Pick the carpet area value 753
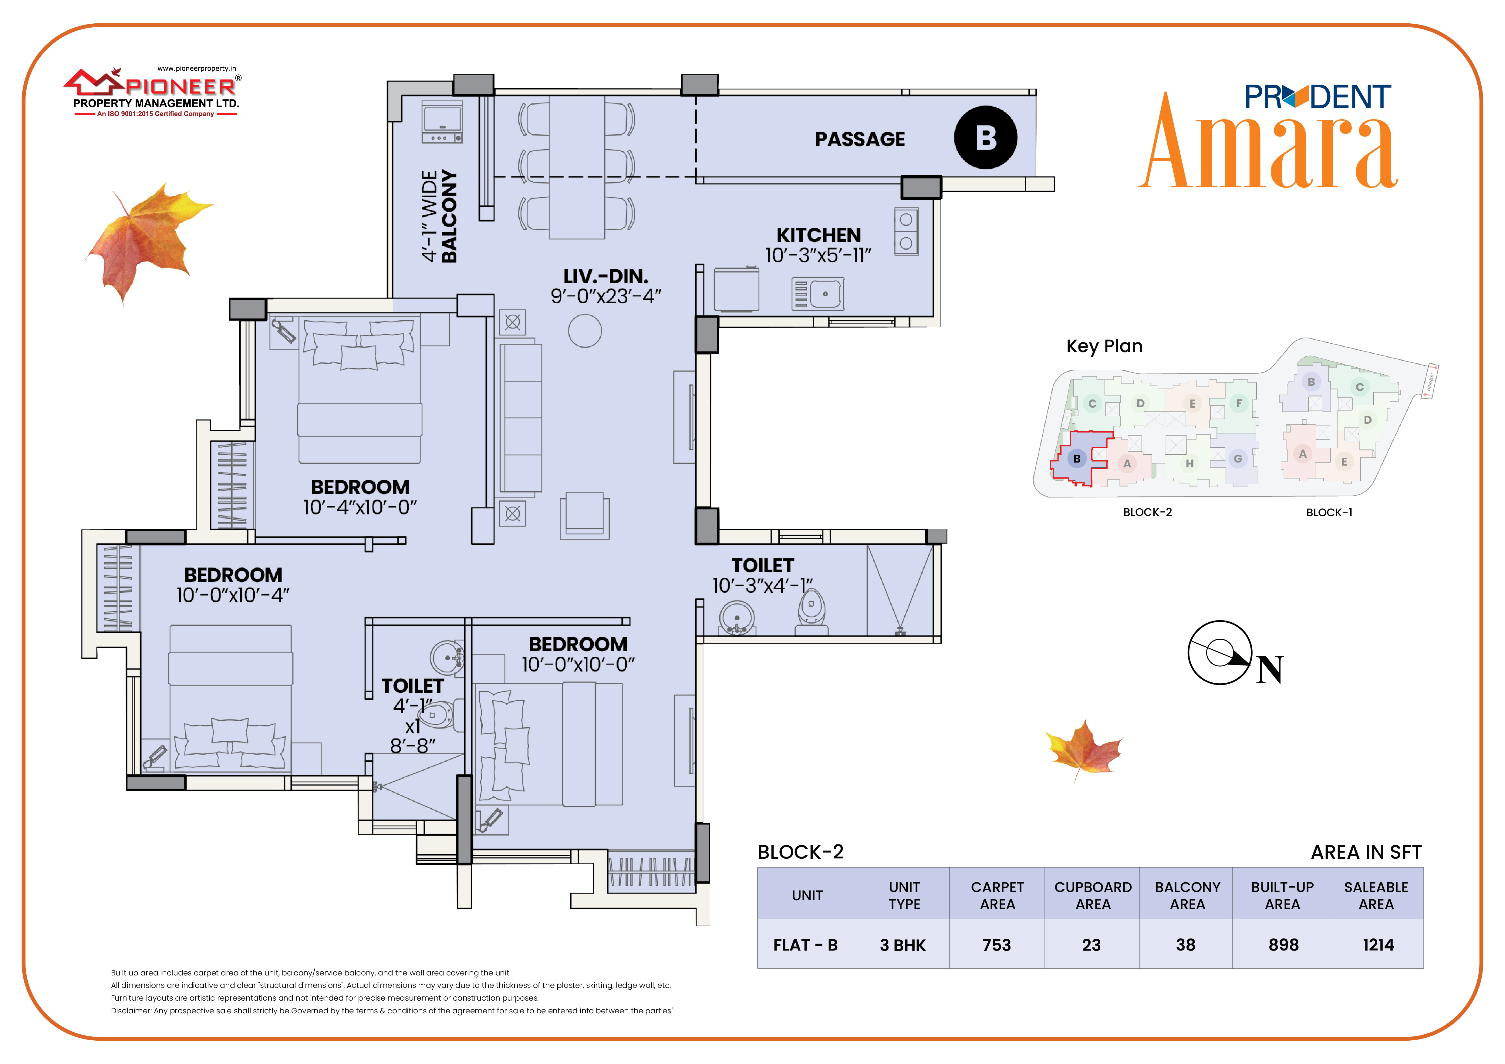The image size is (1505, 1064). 996,945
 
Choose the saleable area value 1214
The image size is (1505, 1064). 1378,945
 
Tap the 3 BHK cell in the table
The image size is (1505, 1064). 903,945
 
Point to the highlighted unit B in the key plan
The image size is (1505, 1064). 1077,459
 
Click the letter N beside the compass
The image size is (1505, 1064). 1270,670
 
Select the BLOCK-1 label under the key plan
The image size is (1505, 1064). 1329,512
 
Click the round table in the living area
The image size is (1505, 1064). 585,331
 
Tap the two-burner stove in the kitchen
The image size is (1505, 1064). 906,231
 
